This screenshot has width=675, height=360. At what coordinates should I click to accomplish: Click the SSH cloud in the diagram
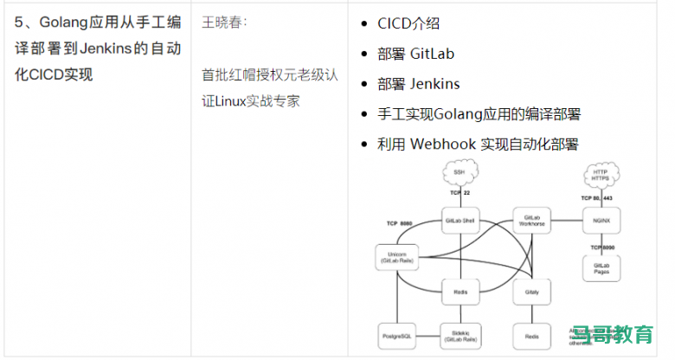459,173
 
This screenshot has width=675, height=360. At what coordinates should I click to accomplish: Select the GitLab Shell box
460,221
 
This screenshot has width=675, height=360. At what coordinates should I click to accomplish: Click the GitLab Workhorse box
531,221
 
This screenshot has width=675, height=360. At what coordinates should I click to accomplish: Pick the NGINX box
601,221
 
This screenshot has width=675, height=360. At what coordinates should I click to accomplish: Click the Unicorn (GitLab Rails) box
396,257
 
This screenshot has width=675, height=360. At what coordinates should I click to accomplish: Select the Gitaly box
531,293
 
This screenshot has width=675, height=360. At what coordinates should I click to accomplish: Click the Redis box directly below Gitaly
531,335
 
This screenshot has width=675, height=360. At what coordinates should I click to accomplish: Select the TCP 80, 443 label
599,198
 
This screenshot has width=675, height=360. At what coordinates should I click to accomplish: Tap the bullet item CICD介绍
408,23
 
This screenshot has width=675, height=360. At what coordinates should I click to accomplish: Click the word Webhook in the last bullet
443,144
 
